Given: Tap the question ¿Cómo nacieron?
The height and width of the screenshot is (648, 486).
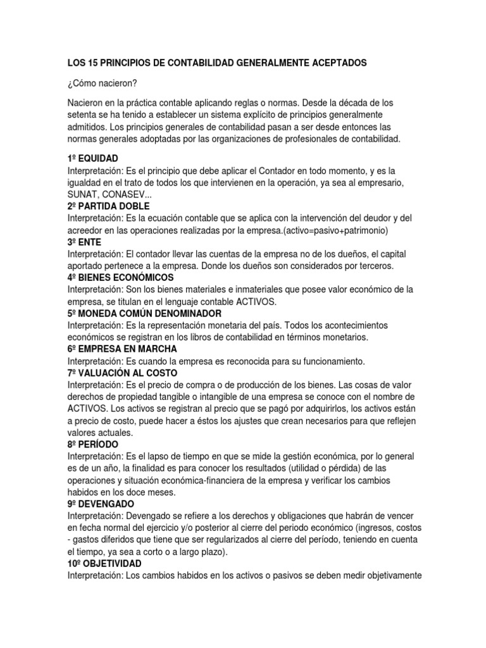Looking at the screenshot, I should [99, 82].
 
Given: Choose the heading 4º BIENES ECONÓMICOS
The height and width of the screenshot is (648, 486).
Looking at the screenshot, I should [120, 277].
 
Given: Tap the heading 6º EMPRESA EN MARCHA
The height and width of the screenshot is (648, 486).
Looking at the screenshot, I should [122, 349].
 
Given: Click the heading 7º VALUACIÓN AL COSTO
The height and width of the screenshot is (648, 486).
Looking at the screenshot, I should [122, 373].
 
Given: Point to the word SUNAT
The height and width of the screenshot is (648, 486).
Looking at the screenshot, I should [82, 194].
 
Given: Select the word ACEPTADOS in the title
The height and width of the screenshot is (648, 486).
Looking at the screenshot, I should [337, 63].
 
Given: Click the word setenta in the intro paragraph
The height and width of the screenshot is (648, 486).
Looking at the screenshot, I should [83, 115].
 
